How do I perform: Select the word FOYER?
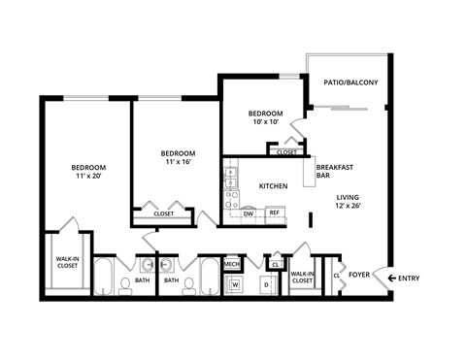pyautogui.click(x=360, y=275)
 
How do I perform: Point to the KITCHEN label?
pyautogui.click(x=273, y=185)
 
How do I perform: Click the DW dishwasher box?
pyautogui.click(x=249, y=213)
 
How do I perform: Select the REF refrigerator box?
pyautogui.click(x=274, y=213)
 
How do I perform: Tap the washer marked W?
pyautogui.click(x=234, y=284)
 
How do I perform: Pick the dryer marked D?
pyautogui.click(x=265, y=284)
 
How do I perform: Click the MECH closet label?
pyautogui.click(x=232, y=263)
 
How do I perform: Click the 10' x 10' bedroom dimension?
pyautogui.click(x=266, y=122)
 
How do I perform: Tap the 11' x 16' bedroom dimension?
pyautogui.click(x=178, y=163)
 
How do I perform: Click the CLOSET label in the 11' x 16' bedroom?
pyautogui.click(x=164, y=213)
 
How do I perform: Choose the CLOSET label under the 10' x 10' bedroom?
pyautogui.click(x=286, y=152)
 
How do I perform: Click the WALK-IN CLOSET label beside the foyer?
pyautogui.click(x=302, y=278)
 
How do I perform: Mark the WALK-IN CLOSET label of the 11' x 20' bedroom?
pyautogui.click(x=67, y=261)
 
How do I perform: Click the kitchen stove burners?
pyautogui.click(x=232, y=200)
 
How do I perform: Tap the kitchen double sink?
pyautogui.click(x=231, y=178)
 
